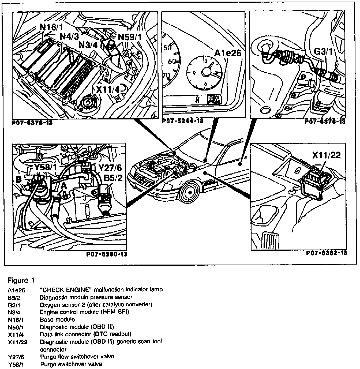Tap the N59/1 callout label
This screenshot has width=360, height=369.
pos(130,37)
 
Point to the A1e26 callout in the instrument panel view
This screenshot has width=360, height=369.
pos(228,53)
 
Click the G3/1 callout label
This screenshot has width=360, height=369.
pos(323,51)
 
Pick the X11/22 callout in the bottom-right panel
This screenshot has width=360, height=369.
pos(327,155)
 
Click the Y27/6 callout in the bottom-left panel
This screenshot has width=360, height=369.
pos(110,168)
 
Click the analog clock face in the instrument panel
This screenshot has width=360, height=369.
pos(206,71)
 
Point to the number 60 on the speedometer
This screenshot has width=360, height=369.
pos(172,61)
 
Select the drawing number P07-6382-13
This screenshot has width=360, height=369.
pos(327,253)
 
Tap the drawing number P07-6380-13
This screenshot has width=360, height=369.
pos(106,254)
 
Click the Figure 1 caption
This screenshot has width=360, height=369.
pos(21,280)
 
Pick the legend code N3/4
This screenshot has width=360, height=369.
pos(15,312)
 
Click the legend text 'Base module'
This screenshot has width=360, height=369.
pos(57,319)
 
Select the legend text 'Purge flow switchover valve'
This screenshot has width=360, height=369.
pos(77,357)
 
